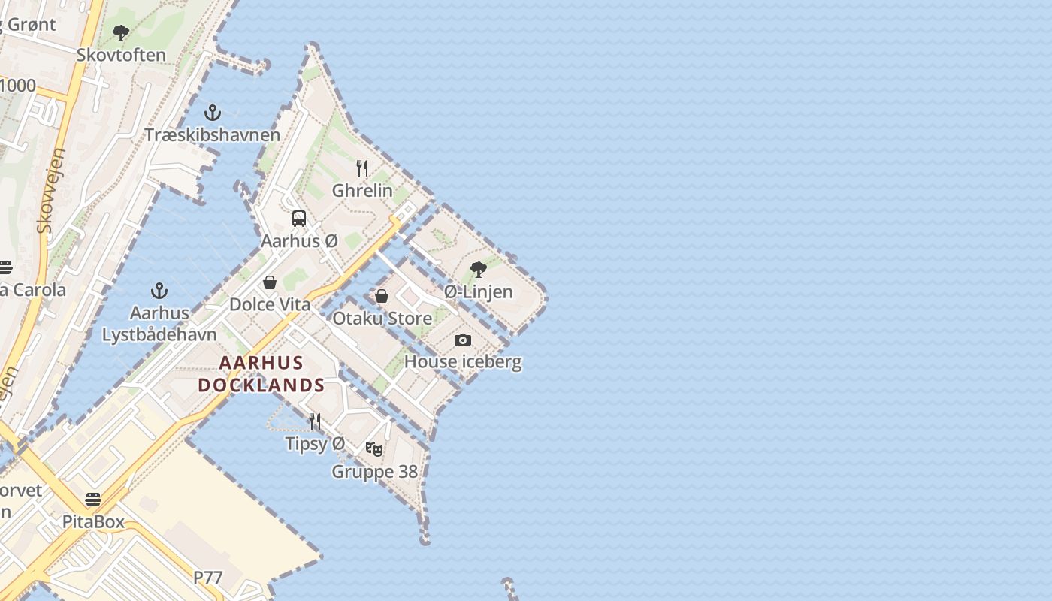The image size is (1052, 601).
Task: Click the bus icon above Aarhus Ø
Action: tap(299, 219)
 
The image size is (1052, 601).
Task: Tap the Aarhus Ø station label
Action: tap(299, 242)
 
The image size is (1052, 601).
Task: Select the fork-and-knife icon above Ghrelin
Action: tap(362, 168)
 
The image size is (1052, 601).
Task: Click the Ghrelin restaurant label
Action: tap(362, 191)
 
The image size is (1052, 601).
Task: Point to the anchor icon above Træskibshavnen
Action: tap(213, 113)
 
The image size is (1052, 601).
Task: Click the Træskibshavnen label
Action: tap(212, 135)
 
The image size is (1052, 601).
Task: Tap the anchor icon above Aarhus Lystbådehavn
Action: tap(159, 291)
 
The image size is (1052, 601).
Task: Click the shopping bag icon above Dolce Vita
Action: tap(270, 282)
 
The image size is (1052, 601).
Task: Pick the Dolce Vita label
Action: tap(270, 305)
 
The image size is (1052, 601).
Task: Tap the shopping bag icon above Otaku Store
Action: tap(382, 296)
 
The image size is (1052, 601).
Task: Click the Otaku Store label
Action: tap(382, 319)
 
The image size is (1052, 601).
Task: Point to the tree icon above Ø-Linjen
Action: tap(478, 270)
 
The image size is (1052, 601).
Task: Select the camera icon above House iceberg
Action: tap(463, 340)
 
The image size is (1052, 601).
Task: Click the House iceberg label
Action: tap(463, 362)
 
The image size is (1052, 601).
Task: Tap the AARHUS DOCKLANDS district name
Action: tap(261, 374)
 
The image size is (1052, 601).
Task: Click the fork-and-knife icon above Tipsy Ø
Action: tap(315, 421)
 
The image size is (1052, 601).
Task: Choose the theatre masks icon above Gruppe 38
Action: tap(374, 449)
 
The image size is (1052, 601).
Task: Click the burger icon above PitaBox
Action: tap(93, 500)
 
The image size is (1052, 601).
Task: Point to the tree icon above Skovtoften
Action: tap(121, 33)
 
